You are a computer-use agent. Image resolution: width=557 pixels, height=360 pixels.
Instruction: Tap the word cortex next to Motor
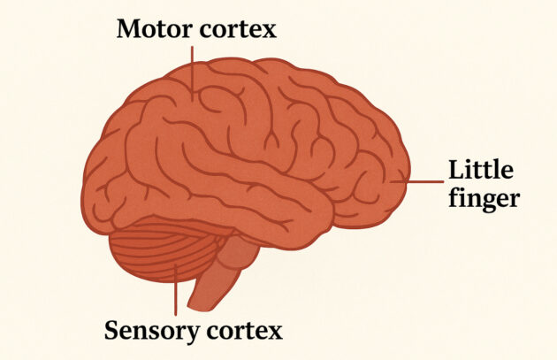[x=239, y=29]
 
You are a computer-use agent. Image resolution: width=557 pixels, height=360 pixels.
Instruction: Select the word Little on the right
[x=481, y=169]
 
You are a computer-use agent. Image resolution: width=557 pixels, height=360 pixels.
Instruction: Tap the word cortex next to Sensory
[x=244, y=332]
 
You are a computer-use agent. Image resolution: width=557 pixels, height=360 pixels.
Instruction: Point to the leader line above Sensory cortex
[x=175, y=292]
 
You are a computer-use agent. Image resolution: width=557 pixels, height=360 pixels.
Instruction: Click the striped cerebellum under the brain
[x=164, y=252]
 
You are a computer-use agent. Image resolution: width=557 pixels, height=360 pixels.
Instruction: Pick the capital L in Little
[x=456, y=169]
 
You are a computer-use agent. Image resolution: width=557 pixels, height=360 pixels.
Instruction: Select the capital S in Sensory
[x=112, y=332]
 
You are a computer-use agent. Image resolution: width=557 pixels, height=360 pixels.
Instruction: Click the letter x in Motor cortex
[x=270, y=31]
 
